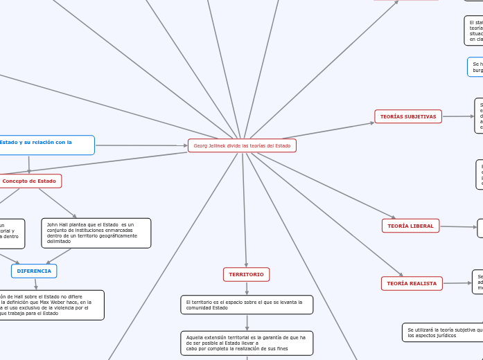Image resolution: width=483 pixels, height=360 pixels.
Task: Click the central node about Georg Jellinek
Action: (x=242, y=145)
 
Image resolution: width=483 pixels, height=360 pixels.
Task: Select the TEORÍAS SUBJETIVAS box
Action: (x=408, y=116)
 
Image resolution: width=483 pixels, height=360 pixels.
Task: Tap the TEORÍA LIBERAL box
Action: (x=410, y=226)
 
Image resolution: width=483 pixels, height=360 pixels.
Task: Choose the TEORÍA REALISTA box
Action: (x=412, y=283)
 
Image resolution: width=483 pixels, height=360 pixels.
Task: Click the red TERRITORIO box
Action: (x=246, y=274)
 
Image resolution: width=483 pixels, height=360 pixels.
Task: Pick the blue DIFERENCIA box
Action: (x=34, y=271)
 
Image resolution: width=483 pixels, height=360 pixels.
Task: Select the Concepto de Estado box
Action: (x=30, y=181)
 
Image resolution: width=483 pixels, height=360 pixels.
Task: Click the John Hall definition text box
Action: (x=96, y=233)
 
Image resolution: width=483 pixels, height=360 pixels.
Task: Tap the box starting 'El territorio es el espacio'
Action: (x=247, y=305)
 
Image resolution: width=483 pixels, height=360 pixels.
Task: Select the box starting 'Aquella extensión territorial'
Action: (x=247, y=343)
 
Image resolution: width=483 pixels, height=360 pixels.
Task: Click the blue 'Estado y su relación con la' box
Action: (x=46, y=145)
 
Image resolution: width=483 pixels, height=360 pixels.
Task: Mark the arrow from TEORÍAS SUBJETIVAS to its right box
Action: (x=458, y=116)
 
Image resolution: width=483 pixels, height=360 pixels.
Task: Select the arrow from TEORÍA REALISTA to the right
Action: (x=457, y=282)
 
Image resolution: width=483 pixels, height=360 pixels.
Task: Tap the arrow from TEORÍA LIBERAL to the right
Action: (x=459, y=227)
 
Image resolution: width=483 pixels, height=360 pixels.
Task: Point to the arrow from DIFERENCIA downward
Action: (x=35, y=284)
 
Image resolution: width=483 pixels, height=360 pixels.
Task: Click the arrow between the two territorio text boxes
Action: (x=247, y=323)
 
